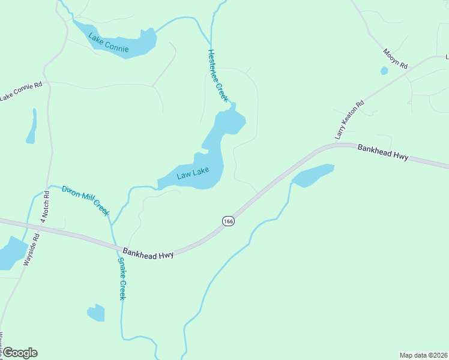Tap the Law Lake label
pos(193,174)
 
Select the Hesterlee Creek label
pos(218,75)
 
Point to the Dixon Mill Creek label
pos(85,200)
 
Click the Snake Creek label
pos(122,278)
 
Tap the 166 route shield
pos(228,221)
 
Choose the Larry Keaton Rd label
pos(350,120)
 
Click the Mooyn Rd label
pos(396,58)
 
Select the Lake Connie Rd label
pos(21,91)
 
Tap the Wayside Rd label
pos(31,249)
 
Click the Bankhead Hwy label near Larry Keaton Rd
pos(382,152)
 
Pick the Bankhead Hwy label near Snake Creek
pos(148,253)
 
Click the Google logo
pos(19,353)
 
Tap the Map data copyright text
pos(423,355)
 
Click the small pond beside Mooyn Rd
pos(384,71)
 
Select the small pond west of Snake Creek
pos(96,313)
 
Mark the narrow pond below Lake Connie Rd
pos(32,127)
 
